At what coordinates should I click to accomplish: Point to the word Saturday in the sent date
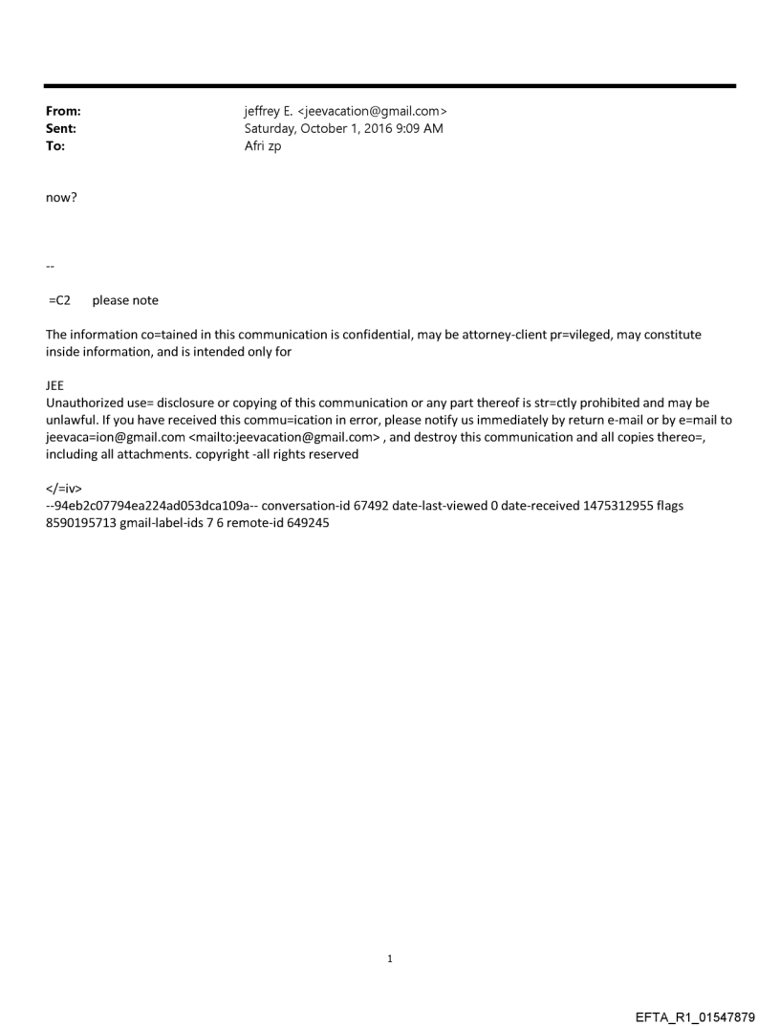click(x=272, y=129)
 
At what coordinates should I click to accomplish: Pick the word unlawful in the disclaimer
click(x=73, y=420)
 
